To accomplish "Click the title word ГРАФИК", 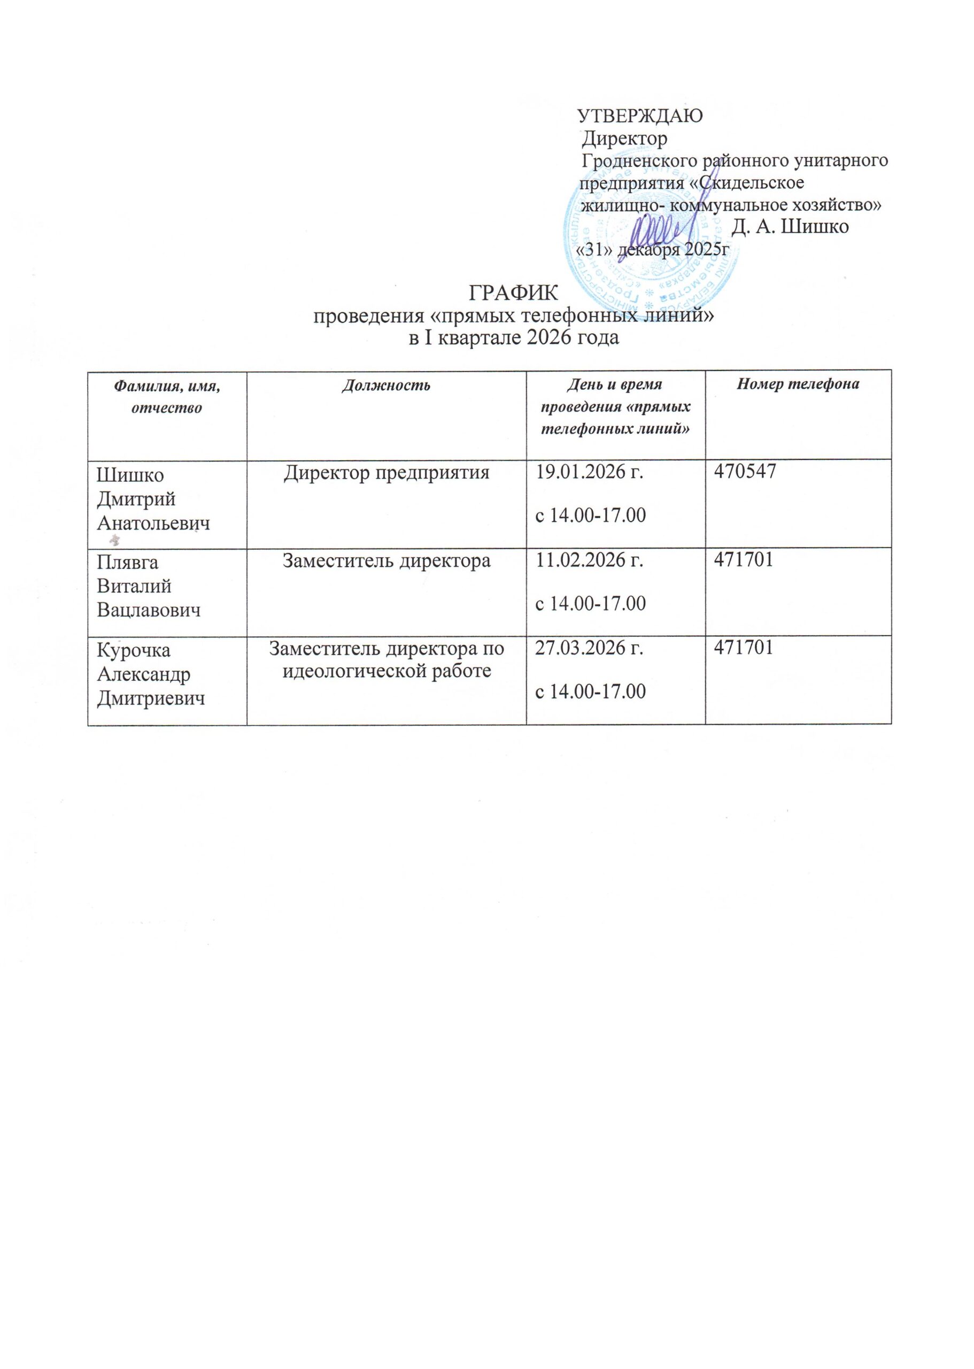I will (513, 294).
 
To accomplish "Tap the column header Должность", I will (386, 385).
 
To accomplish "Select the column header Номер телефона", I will (798, 384).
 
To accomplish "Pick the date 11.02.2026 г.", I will (590, 560).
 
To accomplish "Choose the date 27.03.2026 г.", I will (590, 649).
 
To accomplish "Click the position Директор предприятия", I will (386, 473).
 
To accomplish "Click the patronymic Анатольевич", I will (153, 524).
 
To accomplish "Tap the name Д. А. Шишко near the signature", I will (791, 228).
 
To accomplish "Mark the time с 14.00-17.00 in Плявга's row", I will (590, 603).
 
